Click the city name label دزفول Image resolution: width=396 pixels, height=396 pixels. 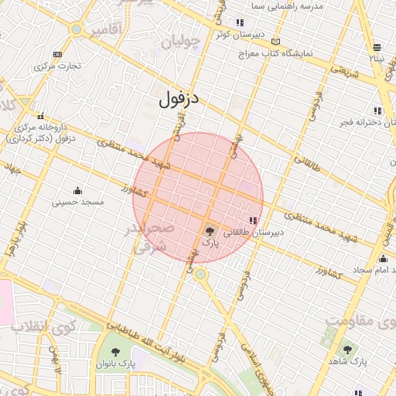(x=179, y=98)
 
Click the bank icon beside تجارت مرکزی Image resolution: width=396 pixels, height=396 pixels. (x=57, y=54)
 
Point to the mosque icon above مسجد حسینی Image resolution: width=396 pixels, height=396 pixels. (x=77, y=190)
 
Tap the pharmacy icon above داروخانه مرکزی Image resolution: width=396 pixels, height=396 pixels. (x=42, y=114)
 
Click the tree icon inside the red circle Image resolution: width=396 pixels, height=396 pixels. (x=210, y=230)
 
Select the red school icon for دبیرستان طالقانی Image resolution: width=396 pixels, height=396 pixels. (x=253, y=220)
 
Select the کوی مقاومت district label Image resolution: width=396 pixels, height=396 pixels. (x=360, y=319)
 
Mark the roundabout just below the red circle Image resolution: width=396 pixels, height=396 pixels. (x=201, y=274)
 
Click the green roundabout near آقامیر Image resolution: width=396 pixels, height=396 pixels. (x=76, y=29)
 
